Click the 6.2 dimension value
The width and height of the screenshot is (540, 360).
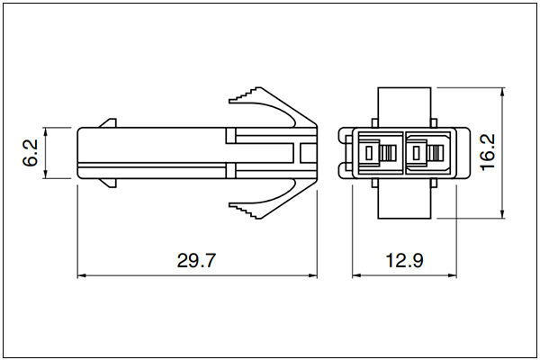tap(31, 153)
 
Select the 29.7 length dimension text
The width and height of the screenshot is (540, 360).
tap(196, 260)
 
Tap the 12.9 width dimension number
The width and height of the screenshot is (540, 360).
tap(404, 260)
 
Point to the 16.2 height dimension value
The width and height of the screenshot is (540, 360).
tap(488, 152)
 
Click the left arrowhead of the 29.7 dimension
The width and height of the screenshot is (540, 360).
tap(81, 275)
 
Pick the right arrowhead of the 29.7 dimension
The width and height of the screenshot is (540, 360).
tap(312, 275)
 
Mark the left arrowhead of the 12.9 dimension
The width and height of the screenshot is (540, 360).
tap(356, 275)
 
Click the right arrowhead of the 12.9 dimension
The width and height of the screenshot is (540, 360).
tap(452, 275)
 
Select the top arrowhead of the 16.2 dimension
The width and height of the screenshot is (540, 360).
tap(502, 92)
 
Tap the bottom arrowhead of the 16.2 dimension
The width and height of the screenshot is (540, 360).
tap(502, 214)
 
